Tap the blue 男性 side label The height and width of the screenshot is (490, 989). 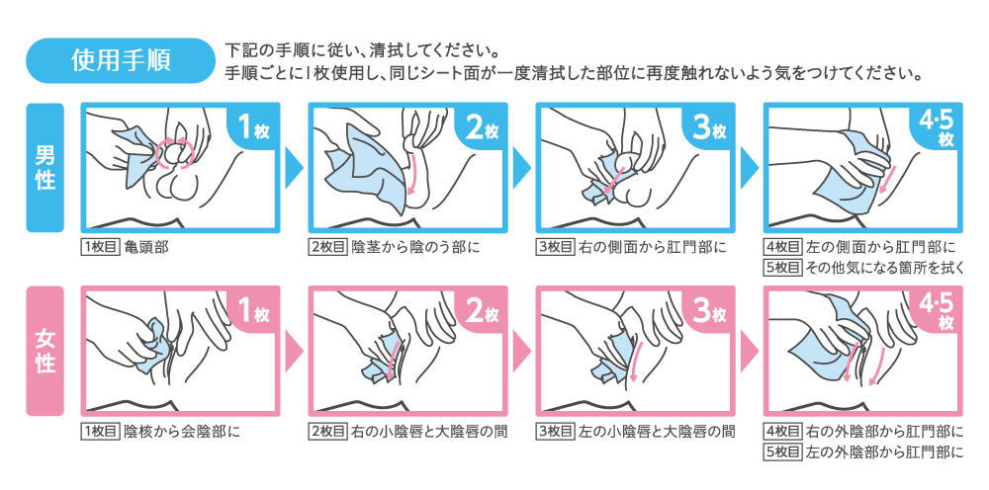[45, 168]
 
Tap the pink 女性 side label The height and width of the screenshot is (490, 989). [45, 351]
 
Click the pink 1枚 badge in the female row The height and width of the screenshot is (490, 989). [253, 310]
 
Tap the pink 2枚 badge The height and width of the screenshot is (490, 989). [482, 310]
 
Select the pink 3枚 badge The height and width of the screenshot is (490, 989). [709, 310]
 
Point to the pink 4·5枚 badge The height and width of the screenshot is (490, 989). [937, 310]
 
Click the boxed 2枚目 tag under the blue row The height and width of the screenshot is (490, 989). [327, 247]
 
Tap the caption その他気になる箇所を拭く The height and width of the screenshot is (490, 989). [885, 268]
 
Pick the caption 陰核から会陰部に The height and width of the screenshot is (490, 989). [183, 432]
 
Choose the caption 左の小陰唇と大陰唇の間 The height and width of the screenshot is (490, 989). [658, 432]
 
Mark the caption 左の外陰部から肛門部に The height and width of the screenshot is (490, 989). [885, 451]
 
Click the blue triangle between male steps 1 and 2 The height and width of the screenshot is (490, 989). [294, 168]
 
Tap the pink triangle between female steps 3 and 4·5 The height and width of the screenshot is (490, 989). [750, 352]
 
